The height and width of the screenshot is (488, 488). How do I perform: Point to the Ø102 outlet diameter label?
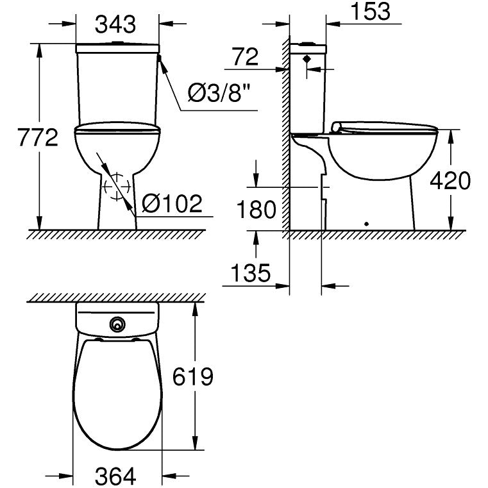pos(171,204)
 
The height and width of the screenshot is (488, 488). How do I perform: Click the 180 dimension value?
pos(256,210)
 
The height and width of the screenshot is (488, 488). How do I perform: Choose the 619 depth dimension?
pos(192,376)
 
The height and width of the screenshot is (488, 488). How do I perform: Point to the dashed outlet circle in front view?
pos(116,187)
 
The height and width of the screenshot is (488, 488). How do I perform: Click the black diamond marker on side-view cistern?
pos(307,58)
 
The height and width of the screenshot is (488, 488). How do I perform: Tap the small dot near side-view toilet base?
pos(366,224)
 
